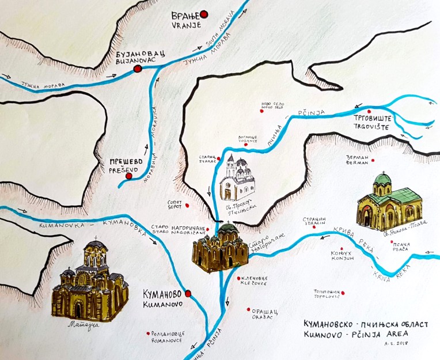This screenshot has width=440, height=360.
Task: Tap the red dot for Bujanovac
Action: (x=137, y=69)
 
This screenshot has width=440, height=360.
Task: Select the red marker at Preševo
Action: (x=129, y=176)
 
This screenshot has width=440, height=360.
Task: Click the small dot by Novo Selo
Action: (x=262, y=112)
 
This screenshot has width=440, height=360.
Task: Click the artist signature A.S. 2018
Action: (x=410, y=348)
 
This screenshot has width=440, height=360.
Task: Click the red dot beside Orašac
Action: (x=249, y=308)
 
